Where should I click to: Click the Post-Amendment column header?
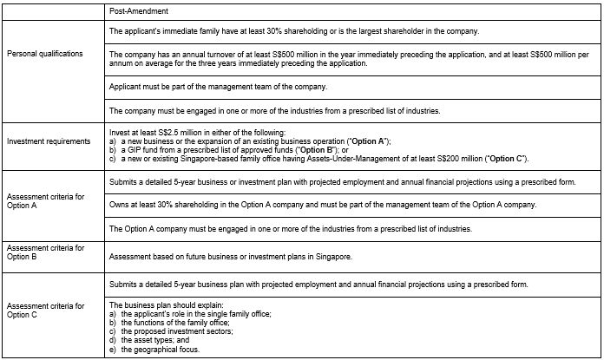point(139,11)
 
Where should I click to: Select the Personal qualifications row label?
point(44,54)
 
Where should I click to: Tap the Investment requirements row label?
point(48,141)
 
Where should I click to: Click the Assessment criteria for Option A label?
point(45,201)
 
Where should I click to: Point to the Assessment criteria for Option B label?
point(45,252)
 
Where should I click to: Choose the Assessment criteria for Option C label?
point(45,311)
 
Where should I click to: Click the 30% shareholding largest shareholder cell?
point(295,31)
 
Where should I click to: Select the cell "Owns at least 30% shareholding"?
point(323,205)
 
